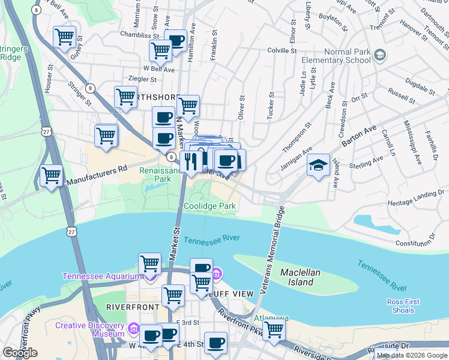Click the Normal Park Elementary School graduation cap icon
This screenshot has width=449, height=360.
pos(379,56)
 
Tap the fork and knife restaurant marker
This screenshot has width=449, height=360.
pos(191,161)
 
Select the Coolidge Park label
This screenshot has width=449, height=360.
pos(209,206)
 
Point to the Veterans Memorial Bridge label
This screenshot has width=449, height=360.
pos(274,259)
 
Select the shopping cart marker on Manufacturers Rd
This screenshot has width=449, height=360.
pos(52,176)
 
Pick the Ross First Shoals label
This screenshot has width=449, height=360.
pos(401,306)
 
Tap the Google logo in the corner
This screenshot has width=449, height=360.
pos(20,353)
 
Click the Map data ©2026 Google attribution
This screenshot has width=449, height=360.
pos(412,355)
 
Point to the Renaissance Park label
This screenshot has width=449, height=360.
pos(160,175)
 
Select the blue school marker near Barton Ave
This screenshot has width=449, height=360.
pos(319,166)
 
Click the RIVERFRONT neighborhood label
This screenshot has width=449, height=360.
pos(131,307)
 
